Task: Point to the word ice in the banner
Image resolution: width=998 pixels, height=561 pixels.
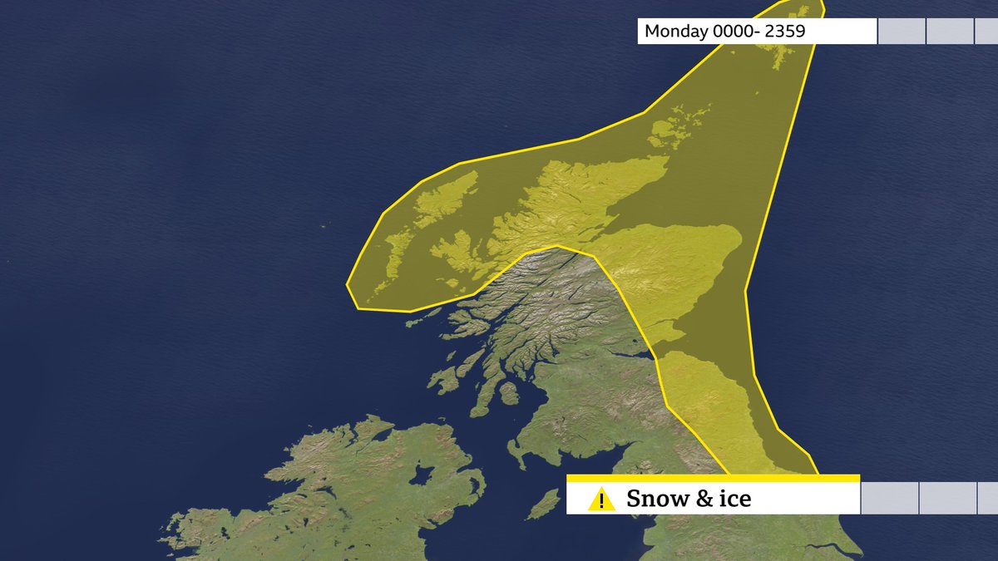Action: (x=733, y=499)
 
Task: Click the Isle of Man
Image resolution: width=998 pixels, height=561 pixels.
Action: (x=544, y=504)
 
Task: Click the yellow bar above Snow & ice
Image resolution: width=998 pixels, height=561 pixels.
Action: (x=713, y=479)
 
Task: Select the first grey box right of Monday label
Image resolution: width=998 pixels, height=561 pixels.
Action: (x=902, y=32)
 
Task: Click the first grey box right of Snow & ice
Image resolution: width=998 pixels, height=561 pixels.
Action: (x=890, y=499)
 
